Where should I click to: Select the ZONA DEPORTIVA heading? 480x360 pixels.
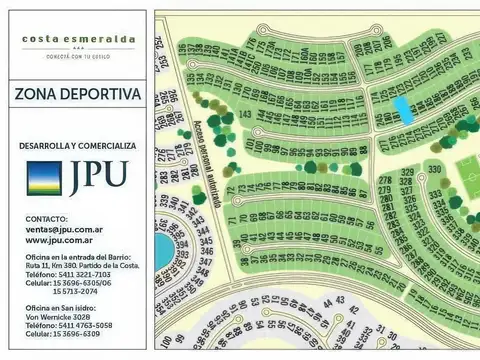tap(78, 95)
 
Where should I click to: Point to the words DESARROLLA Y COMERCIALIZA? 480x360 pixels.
tap(77, 145)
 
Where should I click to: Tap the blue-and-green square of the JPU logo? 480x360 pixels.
tap(43, 177)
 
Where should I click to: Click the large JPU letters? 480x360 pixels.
tap(97, 178)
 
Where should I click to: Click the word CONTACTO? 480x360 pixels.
tap(47, 218)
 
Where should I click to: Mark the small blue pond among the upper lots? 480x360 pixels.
tap(402, 109)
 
